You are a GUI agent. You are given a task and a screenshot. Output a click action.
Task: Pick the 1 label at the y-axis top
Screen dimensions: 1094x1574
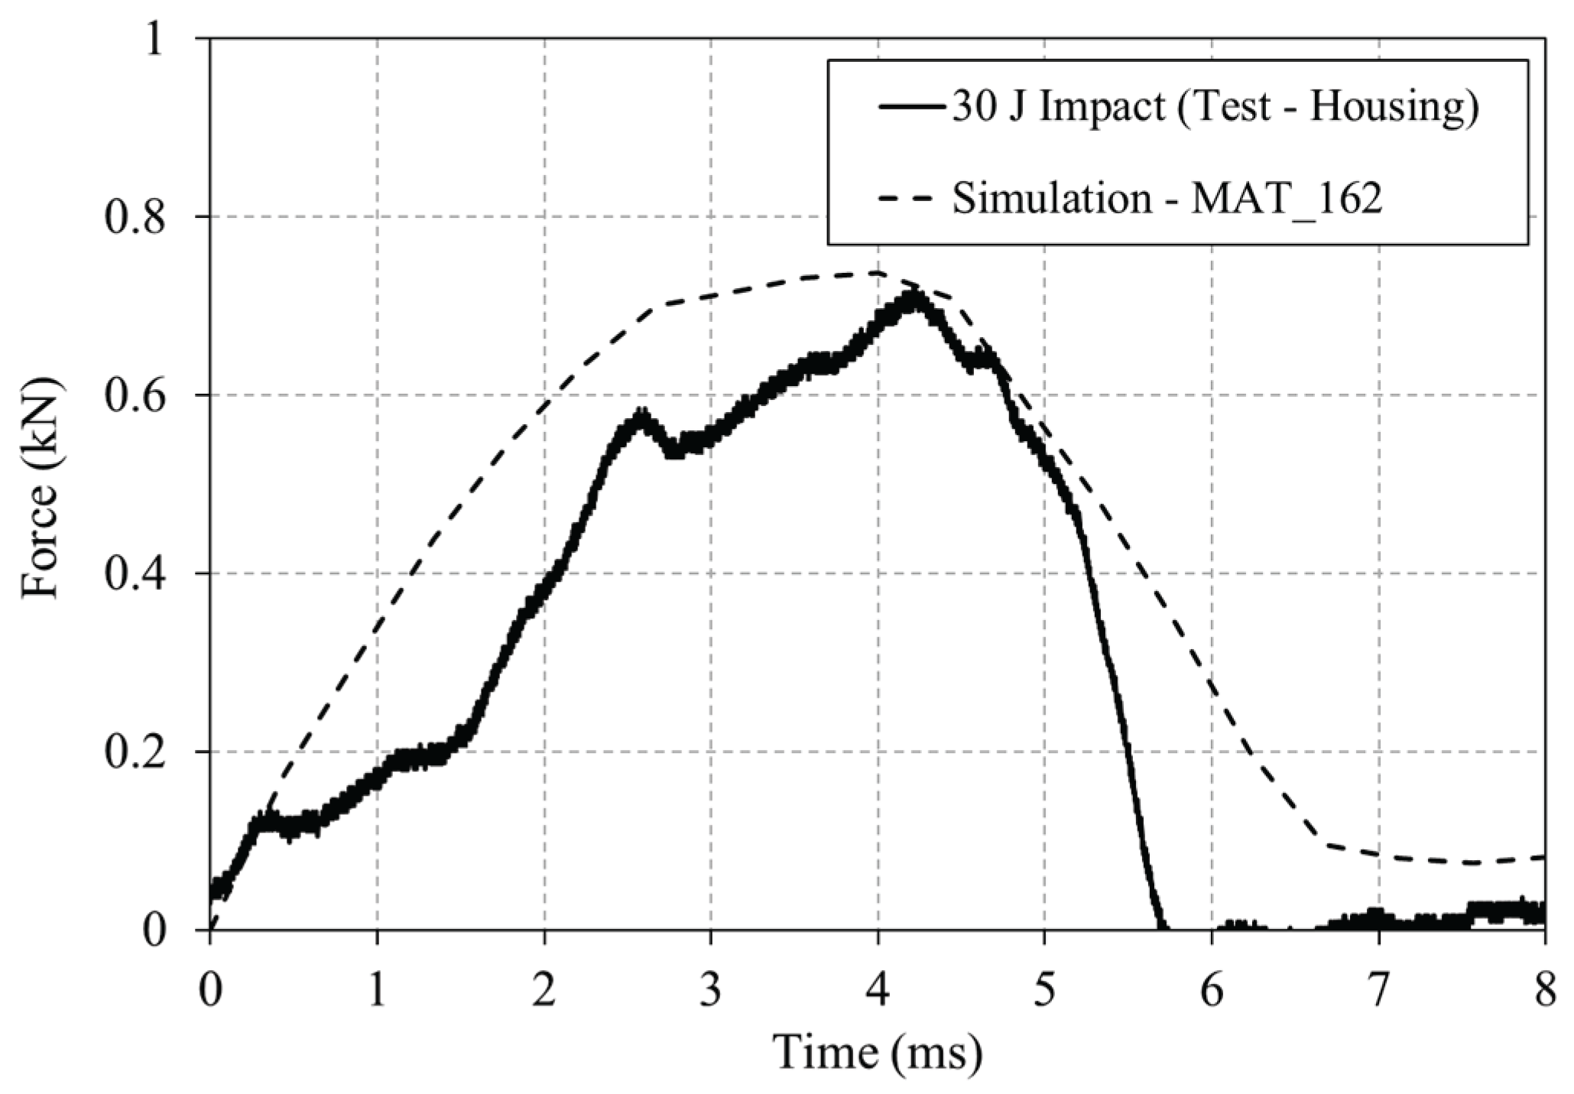pos(156,40)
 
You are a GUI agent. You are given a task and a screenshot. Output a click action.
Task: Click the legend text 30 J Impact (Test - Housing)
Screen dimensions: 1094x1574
pos(1215,107)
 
